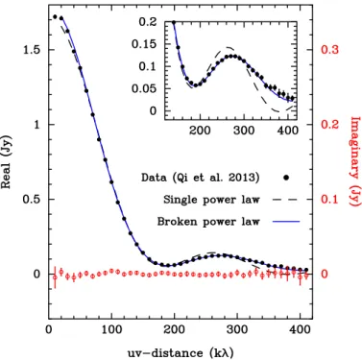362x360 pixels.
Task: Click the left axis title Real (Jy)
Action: click(7, 162)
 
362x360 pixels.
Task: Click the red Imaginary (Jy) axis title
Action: click(355, 161)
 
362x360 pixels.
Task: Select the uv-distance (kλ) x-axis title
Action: click(181, 353)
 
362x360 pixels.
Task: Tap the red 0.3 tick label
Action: click(329, 50)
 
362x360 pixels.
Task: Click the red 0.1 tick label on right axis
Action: click(329, 199)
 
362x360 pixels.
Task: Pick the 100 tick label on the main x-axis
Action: click(111, 329)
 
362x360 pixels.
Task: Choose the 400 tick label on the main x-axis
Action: click(300, 329)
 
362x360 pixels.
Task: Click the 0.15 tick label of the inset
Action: click(144, 44)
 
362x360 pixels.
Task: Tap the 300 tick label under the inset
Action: click(244, 131)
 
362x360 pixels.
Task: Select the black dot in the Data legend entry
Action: click(286, 178)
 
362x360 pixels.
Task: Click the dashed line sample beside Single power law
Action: click(285, 200)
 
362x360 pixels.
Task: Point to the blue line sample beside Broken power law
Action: click(286, 222)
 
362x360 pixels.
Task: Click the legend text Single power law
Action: click(211, 200)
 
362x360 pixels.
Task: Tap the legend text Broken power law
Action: click(208, 222)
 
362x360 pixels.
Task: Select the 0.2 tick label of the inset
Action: click(149, 22)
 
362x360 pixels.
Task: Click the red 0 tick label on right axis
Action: click(325, 274)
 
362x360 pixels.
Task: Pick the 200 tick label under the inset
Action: click(200, 131)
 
